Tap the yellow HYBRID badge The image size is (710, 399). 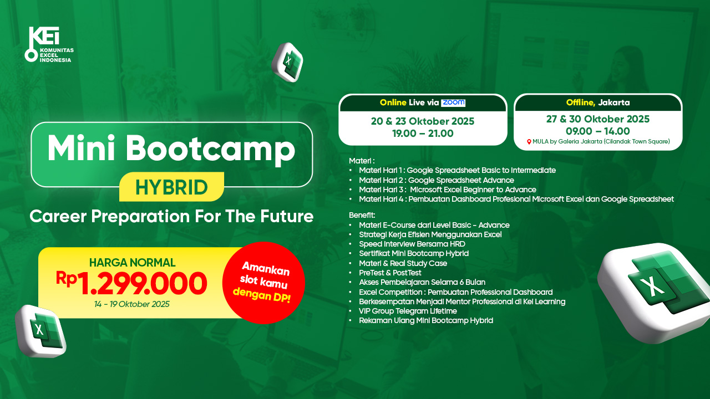171,187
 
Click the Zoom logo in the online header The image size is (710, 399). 453,103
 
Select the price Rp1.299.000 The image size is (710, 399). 131,283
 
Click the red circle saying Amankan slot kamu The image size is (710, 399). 263,283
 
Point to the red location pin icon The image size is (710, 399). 529,142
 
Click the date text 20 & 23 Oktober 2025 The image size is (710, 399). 423,121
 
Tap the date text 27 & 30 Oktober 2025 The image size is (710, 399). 598,119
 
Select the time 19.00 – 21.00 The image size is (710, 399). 423,134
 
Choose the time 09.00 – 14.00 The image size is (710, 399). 598,131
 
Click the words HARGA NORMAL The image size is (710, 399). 132,263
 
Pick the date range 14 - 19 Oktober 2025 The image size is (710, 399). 132,304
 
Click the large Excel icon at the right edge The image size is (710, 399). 655,293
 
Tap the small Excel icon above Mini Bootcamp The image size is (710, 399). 287,63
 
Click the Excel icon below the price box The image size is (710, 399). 40,331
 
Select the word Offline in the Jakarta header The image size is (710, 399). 580,103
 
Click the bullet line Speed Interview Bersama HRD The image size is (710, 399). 412,244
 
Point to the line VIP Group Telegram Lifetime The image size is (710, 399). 408,311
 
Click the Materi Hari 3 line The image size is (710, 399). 448,190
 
